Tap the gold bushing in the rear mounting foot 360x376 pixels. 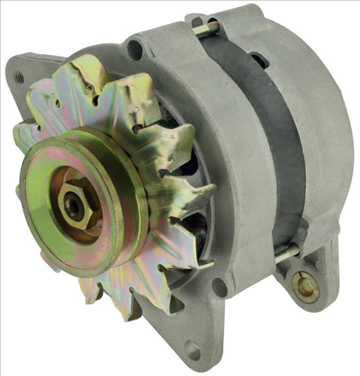pos(304,286)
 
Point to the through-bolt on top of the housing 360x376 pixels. pos(205,29)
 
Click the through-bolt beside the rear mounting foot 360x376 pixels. pos(286,254)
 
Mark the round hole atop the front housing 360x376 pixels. pos(136,50)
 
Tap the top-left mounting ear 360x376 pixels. pos(26,75)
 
